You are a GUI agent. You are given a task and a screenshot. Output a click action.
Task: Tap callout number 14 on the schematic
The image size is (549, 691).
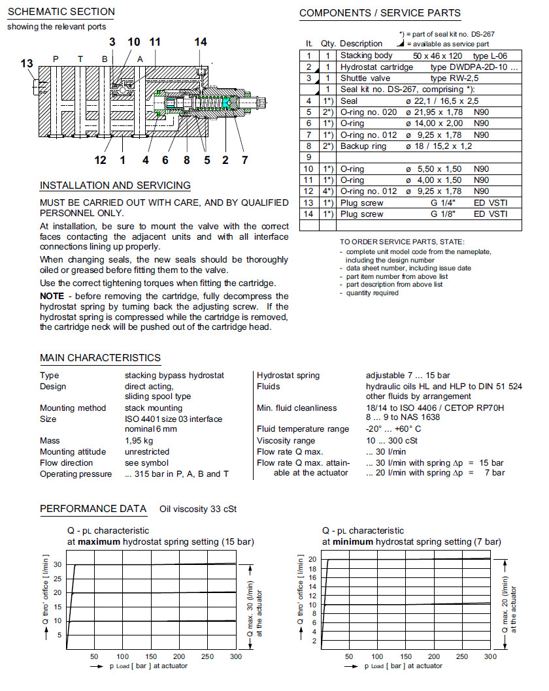click(x=201, y=42)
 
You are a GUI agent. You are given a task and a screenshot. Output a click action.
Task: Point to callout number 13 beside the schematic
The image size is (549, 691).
click(x=27, y=63)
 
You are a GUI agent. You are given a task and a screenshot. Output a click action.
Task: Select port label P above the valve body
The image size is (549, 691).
click(x=56, y=59)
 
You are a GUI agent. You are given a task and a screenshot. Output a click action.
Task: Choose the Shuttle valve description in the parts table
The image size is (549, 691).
click(x=363, y=78)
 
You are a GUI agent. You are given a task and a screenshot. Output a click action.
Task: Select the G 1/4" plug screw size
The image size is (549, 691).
click(x=435, y=203)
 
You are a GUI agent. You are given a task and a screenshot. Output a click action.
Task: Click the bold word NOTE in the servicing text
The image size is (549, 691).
click(x=52, y=297)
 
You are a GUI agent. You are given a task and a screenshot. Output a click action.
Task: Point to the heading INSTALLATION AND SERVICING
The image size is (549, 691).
click(x=115, y=185)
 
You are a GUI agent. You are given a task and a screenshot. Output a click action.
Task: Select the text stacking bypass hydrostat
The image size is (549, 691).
click(x=175, y=376)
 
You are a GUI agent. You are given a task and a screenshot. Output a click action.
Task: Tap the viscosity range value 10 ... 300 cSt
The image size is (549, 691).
click(x=393, y=441)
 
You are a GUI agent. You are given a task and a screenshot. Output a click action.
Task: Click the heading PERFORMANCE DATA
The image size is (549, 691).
click(x=93, y=509)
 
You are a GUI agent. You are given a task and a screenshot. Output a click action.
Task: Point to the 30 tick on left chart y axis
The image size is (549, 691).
click(x=58, y=564)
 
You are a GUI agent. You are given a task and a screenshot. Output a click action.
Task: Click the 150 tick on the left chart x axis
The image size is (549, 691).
click(x=151, y=656)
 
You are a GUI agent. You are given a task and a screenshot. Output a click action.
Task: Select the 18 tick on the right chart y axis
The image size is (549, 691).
click(x=312, y=570)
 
